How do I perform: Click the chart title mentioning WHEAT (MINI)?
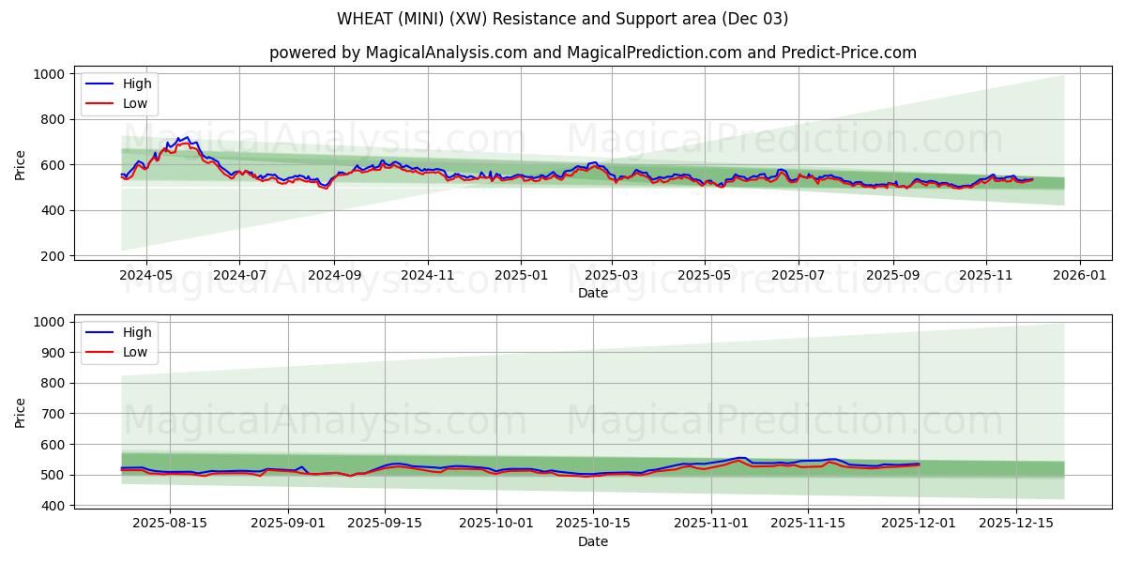pyautogui.click(x=562, y=19)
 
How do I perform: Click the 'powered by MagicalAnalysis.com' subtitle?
pyautogui.click(x=592, y=53)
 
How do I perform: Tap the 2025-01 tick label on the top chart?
pyautogui.click(x=520, y=275)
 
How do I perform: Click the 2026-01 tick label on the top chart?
pyautogui.click(x=1079, y=275)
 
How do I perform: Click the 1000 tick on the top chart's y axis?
pyautogui.click(x=48, y=74)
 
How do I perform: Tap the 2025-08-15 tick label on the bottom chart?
pyautogui.click(x=169, y=523)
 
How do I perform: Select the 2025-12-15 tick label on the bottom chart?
pyautogui.click(x=1016, y=523)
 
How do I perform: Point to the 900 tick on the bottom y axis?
pyautogui.click(x=52, y=353)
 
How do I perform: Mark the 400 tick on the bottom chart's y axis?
pyautogui.click(x=52, y=506)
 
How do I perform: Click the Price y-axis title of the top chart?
pyautogui.click(x=21, y=164)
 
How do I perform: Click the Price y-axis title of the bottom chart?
pyautogui.click(x=21, y=413)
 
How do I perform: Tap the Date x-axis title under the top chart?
pyautogui.click(x=592, y=293)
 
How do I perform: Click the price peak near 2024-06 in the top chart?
pyautogui.click(x=187, y=138)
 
